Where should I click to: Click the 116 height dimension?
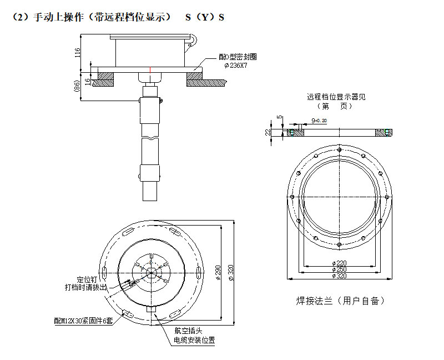click(78, 53)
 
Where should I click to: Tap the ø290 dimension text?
click(218, 272)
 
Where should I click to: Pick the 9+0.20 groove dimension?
click(319, 120)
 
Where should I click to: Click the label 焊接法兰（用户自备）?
click(340, 301)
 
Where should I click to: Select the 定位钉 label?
click(87, 279)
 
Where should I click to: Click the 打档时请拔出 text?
click(83, 288)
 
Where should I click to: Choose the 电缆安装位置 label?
click(194, 340)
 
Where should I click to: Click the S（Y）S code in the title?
click(205, 17)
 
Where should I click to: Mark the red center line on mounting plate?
click(150, 69)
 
